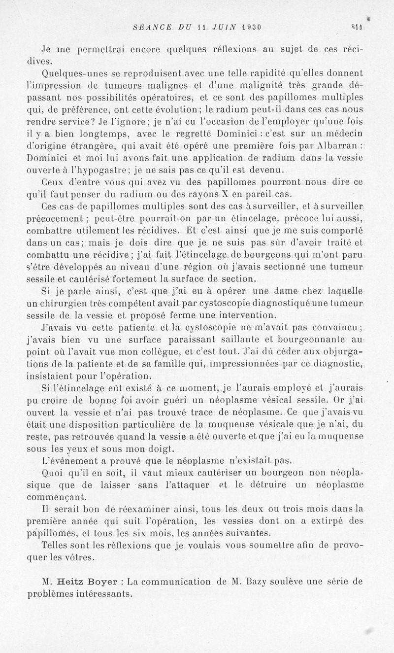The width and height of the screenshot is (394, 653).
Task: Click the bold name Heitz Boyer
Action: pos(91,581)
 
